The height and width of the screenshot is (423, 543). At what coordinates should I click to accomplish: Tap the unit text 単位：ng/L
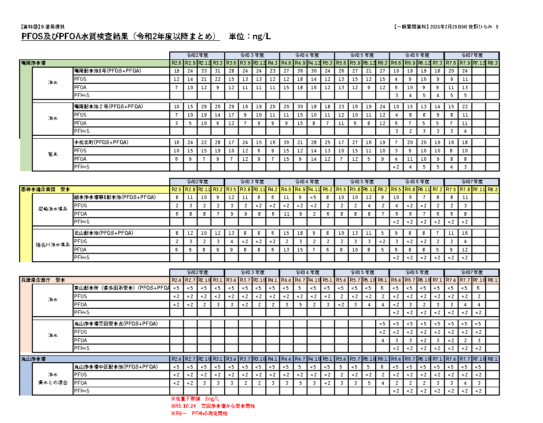(250, 37)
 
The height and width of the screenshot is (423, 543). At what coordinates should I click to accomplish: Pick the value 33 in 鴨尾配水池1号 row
(205, 71)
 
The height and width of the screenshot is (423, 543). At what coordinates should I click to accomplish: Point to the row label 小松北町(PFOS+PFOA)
(101, 142)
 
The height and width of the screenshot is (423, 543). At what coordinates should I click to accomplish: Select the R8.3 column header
(492, 63)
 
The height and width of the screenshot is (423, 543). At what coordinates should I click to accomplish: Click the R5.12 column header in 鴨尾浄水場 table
(369, 63)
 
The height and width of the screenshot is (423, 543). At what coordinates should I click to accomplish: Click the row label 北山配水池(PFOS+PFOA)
(105, 233)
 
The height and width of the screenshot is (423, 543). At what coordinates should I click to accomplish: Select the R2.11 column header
(205, 189)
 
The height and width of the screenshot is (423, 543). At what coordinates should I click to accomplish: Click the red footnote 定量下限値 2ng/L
(194, 398)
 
